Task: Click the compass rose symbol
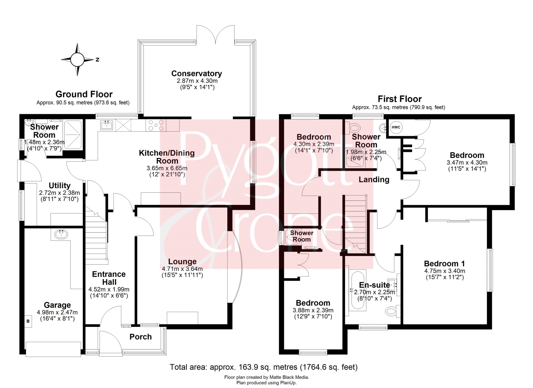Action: coord(77,59)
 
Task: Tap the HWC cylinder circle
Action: coord(396,127)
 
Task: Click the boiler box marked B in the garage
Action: coord(28,321)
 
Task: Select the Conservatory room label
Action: coord(196,73)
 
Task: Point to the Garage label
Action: coord(57,305)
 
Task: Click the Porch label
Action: coord(141,337)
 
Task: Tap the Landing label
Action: coord(374,180)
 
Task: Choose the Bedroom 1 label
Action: coord(445,264)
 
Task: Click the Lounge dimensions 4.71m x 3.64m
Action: coord(182,269)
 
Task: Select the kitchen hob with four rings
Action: coord(156,125)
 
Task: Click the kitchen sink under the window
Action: coord(106,125)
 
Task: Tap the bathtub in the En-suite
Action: coord(357,289)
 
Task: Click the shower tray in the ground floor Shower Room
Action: coord(73,135)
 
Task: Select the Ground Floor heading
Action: coord(84,94)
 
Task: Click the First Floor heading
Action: coord(400,99)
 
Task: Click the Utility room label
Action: coord(59,186)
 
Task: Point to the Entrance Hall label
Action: coord(109,278)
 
